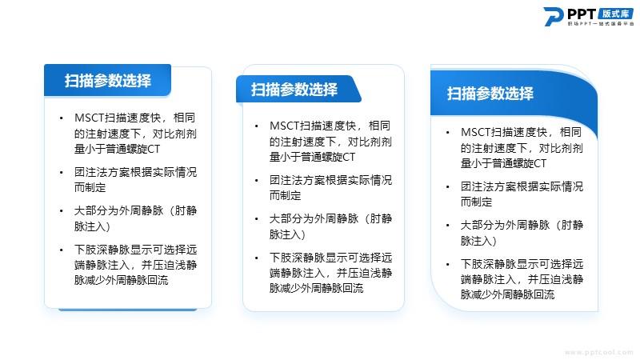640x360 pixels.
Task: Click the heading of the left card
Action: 108,81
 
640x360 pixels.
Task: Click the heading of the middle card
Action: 294,89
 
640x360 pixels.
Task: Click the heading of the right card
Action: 490,94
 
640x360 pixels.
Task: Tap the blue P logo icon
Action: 554,16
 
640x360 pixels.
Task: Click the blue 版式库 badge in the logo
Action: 616,14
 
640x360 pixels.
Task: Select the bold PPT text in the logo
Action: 582,14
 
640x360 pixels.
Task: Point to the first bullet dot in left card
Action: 62,118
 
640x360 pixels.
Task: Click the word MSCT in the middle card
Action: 285,126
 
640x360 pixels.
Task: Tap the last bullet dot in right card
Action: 448,265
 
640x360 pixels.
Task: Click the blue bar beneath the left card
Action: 128,310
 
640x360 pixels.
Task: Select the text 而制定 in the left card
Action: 90,187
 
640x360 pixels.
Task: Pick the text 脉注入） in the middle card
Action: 287,234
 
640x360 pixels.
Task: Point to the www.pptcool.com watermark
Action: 598,352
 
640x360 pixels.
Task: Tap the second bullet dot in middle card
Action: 256,181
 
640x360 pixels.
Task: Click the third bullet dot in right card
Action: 448,226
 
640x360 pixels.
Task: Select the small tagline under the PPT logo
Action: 601,24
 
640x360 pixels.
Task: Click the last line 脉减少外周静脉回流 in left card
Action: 122,280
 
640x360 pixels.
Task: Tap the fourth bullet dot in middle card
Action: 256,258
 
